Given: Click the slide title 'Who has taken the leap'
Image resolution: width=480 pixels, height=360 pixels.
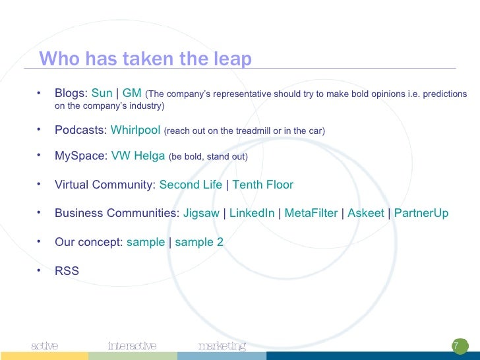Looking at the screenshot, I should click(145, 59).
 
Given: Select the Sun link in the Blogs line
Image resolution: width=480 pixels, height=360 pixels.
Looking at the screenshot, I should click(102, 94).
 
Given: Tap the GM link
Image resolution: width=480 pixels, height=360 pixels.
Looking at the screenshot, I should click(132, 94).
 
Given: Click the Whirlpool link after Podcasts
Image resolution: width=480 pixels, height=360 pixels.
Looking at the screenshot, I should click(135, 131).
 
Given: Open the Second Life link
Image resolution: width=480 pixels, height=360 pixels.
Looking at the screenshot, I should click(191, 185).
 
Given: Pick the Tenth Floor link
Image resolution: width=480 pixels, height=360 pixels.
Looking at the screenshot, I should click(262, 185).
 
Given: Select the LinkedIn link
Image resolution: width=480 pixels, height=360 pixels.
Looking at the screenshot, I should click(252, 214).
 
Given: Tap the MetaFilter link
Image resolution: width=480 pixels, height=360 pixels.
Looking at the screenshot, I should click(311, 214).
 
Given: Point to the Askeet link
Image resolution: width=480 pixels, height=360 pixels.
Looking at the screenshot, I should click(366, 214).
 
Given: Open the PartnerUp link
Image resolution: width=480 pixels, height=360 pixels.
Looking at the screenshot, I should click(421, 214).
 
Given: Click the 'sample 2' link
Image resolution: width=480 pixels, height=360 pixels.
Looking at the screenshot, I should click(199, 242).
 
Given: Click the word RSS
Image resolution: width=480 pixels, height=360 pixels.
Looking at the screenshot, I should click(67, 270).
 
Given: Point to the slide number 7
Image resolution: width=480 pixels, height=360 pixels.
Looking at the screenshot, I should click(455, 346).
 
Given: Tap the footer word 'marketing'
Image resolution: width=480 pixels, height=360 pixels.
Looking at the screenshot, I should click(222, 345).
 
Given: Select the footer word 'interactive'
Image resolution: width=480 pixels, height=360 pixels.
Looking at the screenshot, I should click(132, 345).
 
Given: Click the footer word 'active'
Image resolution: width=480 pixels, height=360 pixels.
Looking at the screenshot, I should click(45, 345).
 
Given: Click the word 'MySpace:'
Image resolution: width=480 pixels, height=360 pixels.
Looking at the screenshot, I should click(80, 156).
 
